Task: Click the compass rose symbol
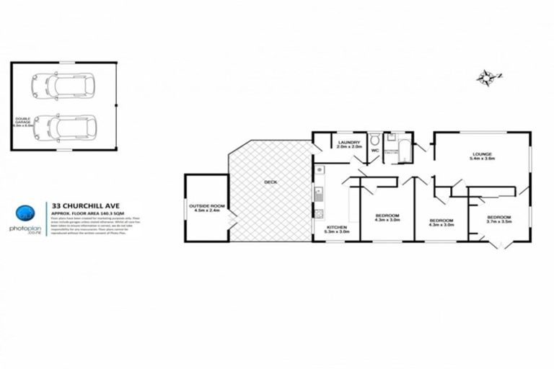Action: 487,76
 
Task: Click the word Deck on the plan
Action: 271,182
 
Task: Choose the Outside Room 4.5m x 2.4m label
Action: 207,208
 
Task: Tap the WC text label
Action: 374,151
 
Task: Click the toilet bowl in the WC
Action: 374,139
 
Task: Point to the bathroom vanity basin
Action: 389,136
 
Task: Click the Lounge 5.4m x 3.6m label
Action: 481,156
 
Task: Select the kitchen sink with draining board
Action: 318,193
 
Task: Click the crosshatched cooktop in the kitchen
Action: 318,213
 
